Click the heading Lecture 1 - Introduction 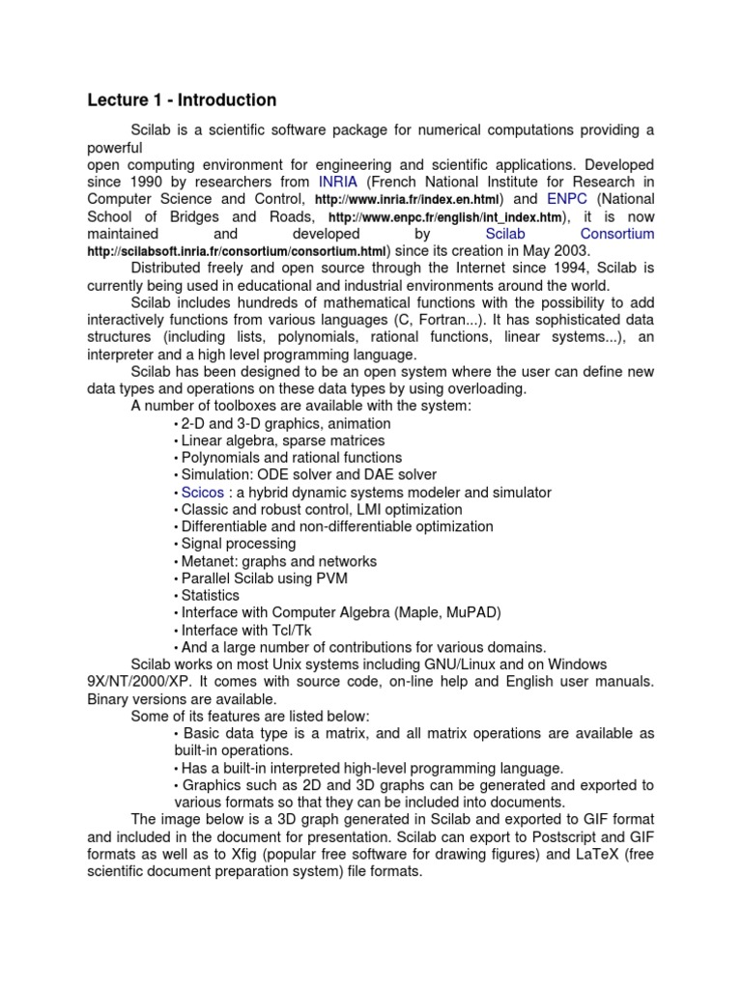[182, 100]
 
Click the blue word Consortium [616, 234]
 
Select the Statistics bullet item [210, 596]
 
